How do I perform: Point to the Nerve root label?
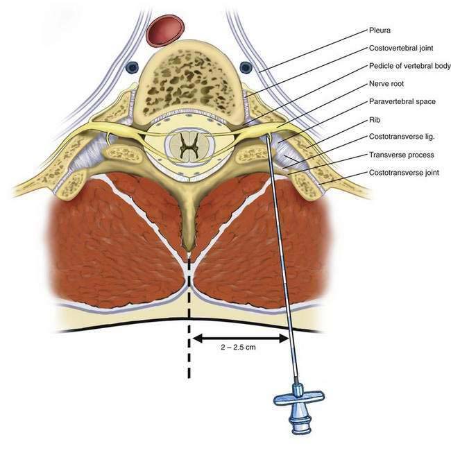[x=386, y=83]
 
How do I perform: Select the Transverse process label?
[x=401, y=154]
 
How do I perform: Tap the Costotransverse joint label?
[x=405, y=172]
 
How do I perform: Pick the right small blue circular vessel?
[x=245, y=67]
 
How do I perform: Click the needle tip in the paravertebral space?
[x=267, y=138]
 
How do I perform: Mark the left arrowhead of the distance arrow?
[x=195, y=339]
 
